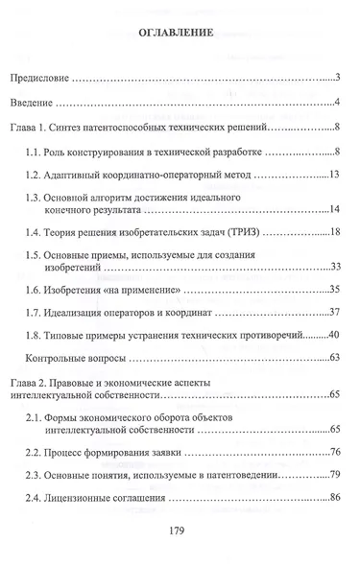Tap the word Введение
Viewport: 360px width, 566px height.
(35, 102)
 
